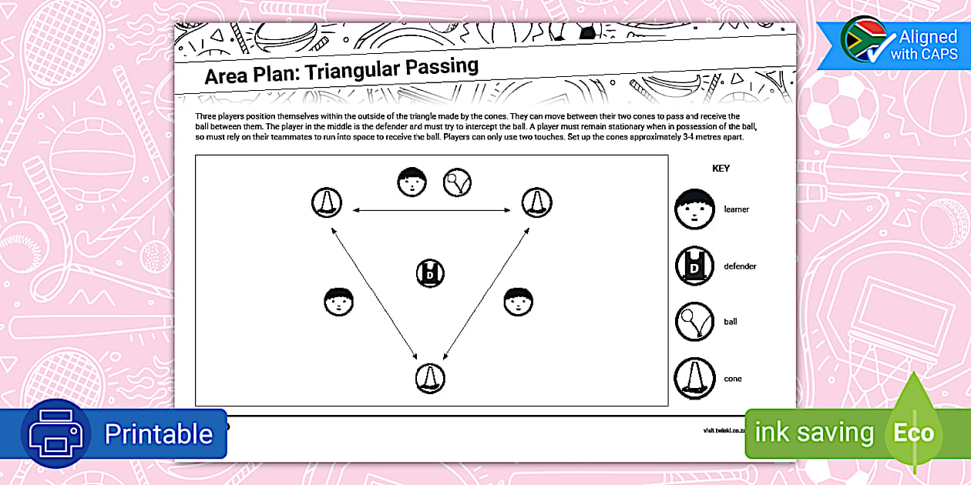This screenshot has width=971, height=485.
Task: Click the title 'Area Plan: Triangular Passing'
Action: click(x=341, y=72)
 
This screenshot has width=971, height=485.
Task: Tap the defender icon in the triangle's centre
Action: click(x=431, y=273)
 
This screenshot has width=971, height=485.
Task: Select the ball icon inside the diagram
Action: click(x=457, y=182)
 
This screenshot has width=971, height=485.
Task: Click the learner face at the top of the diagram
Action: click(x=412, y=182)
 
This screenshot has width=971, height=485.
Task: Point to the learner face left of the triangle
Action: click(x=338, y=301)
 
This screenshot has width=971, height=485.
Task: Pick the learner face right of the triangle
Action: click(x=518, y=301)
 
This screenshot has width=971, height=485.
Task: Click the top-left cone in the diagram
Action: click(x=327, y=203)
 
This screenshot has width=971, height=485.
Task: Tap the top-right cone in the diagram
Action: click(x=536, y=203)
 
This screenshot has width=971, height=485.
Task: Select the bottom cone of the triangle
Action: click(x=430, y=378)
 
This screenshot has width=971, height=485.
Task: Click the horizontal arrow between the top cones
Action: click(x=432, y=210)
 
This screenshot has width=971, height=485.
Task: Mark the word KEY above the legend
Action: click(x=721, y=168)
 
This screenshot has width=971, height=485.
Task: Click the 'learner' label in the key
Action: click(x=736, y=209)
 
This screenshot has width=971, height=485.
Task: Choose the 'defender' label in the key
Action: click(x=740, y=266)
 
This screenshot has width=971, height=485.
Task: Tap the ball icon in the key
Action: click(x=694, y=321)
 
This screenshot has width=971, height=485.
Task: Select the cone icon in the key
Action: click(x=694, y=379)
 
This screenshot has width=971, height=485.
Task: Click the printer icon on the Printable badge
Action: click(x=55, y=433)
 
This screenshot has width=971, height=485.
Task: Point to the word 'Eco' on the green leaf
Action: click(x=913, y=433)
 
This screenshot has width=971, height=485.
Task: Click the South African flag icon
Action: click(x=862, y=39)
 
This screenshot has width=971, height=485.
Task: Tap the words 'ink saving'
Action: click(x=814, y=433)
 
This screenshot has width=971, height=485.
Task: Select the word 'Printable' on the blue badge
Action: click(x=158, y=433)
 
